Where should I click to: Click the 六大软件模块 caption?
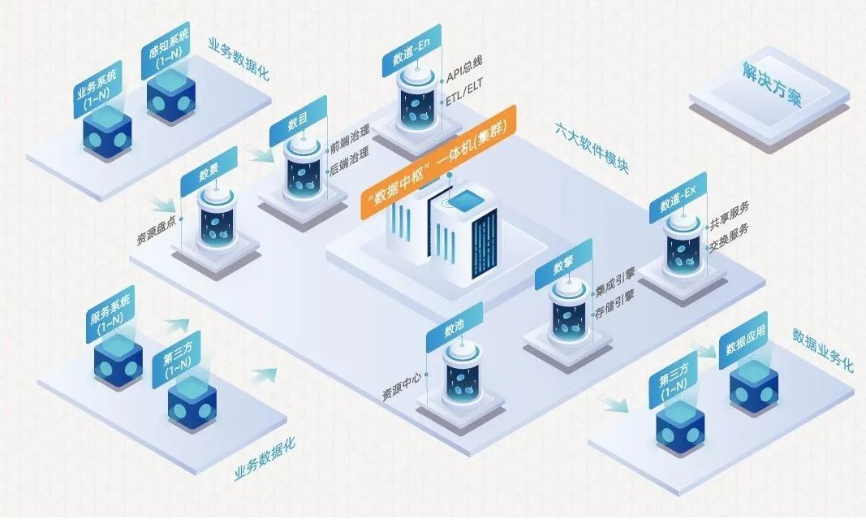pyautogui.click(x=592, y=149)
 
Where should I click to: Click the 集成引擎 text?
pyautogui.click(x=614, y=284)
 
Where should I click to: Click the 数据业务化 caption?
pyautogui.click(x=822, y=350)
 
